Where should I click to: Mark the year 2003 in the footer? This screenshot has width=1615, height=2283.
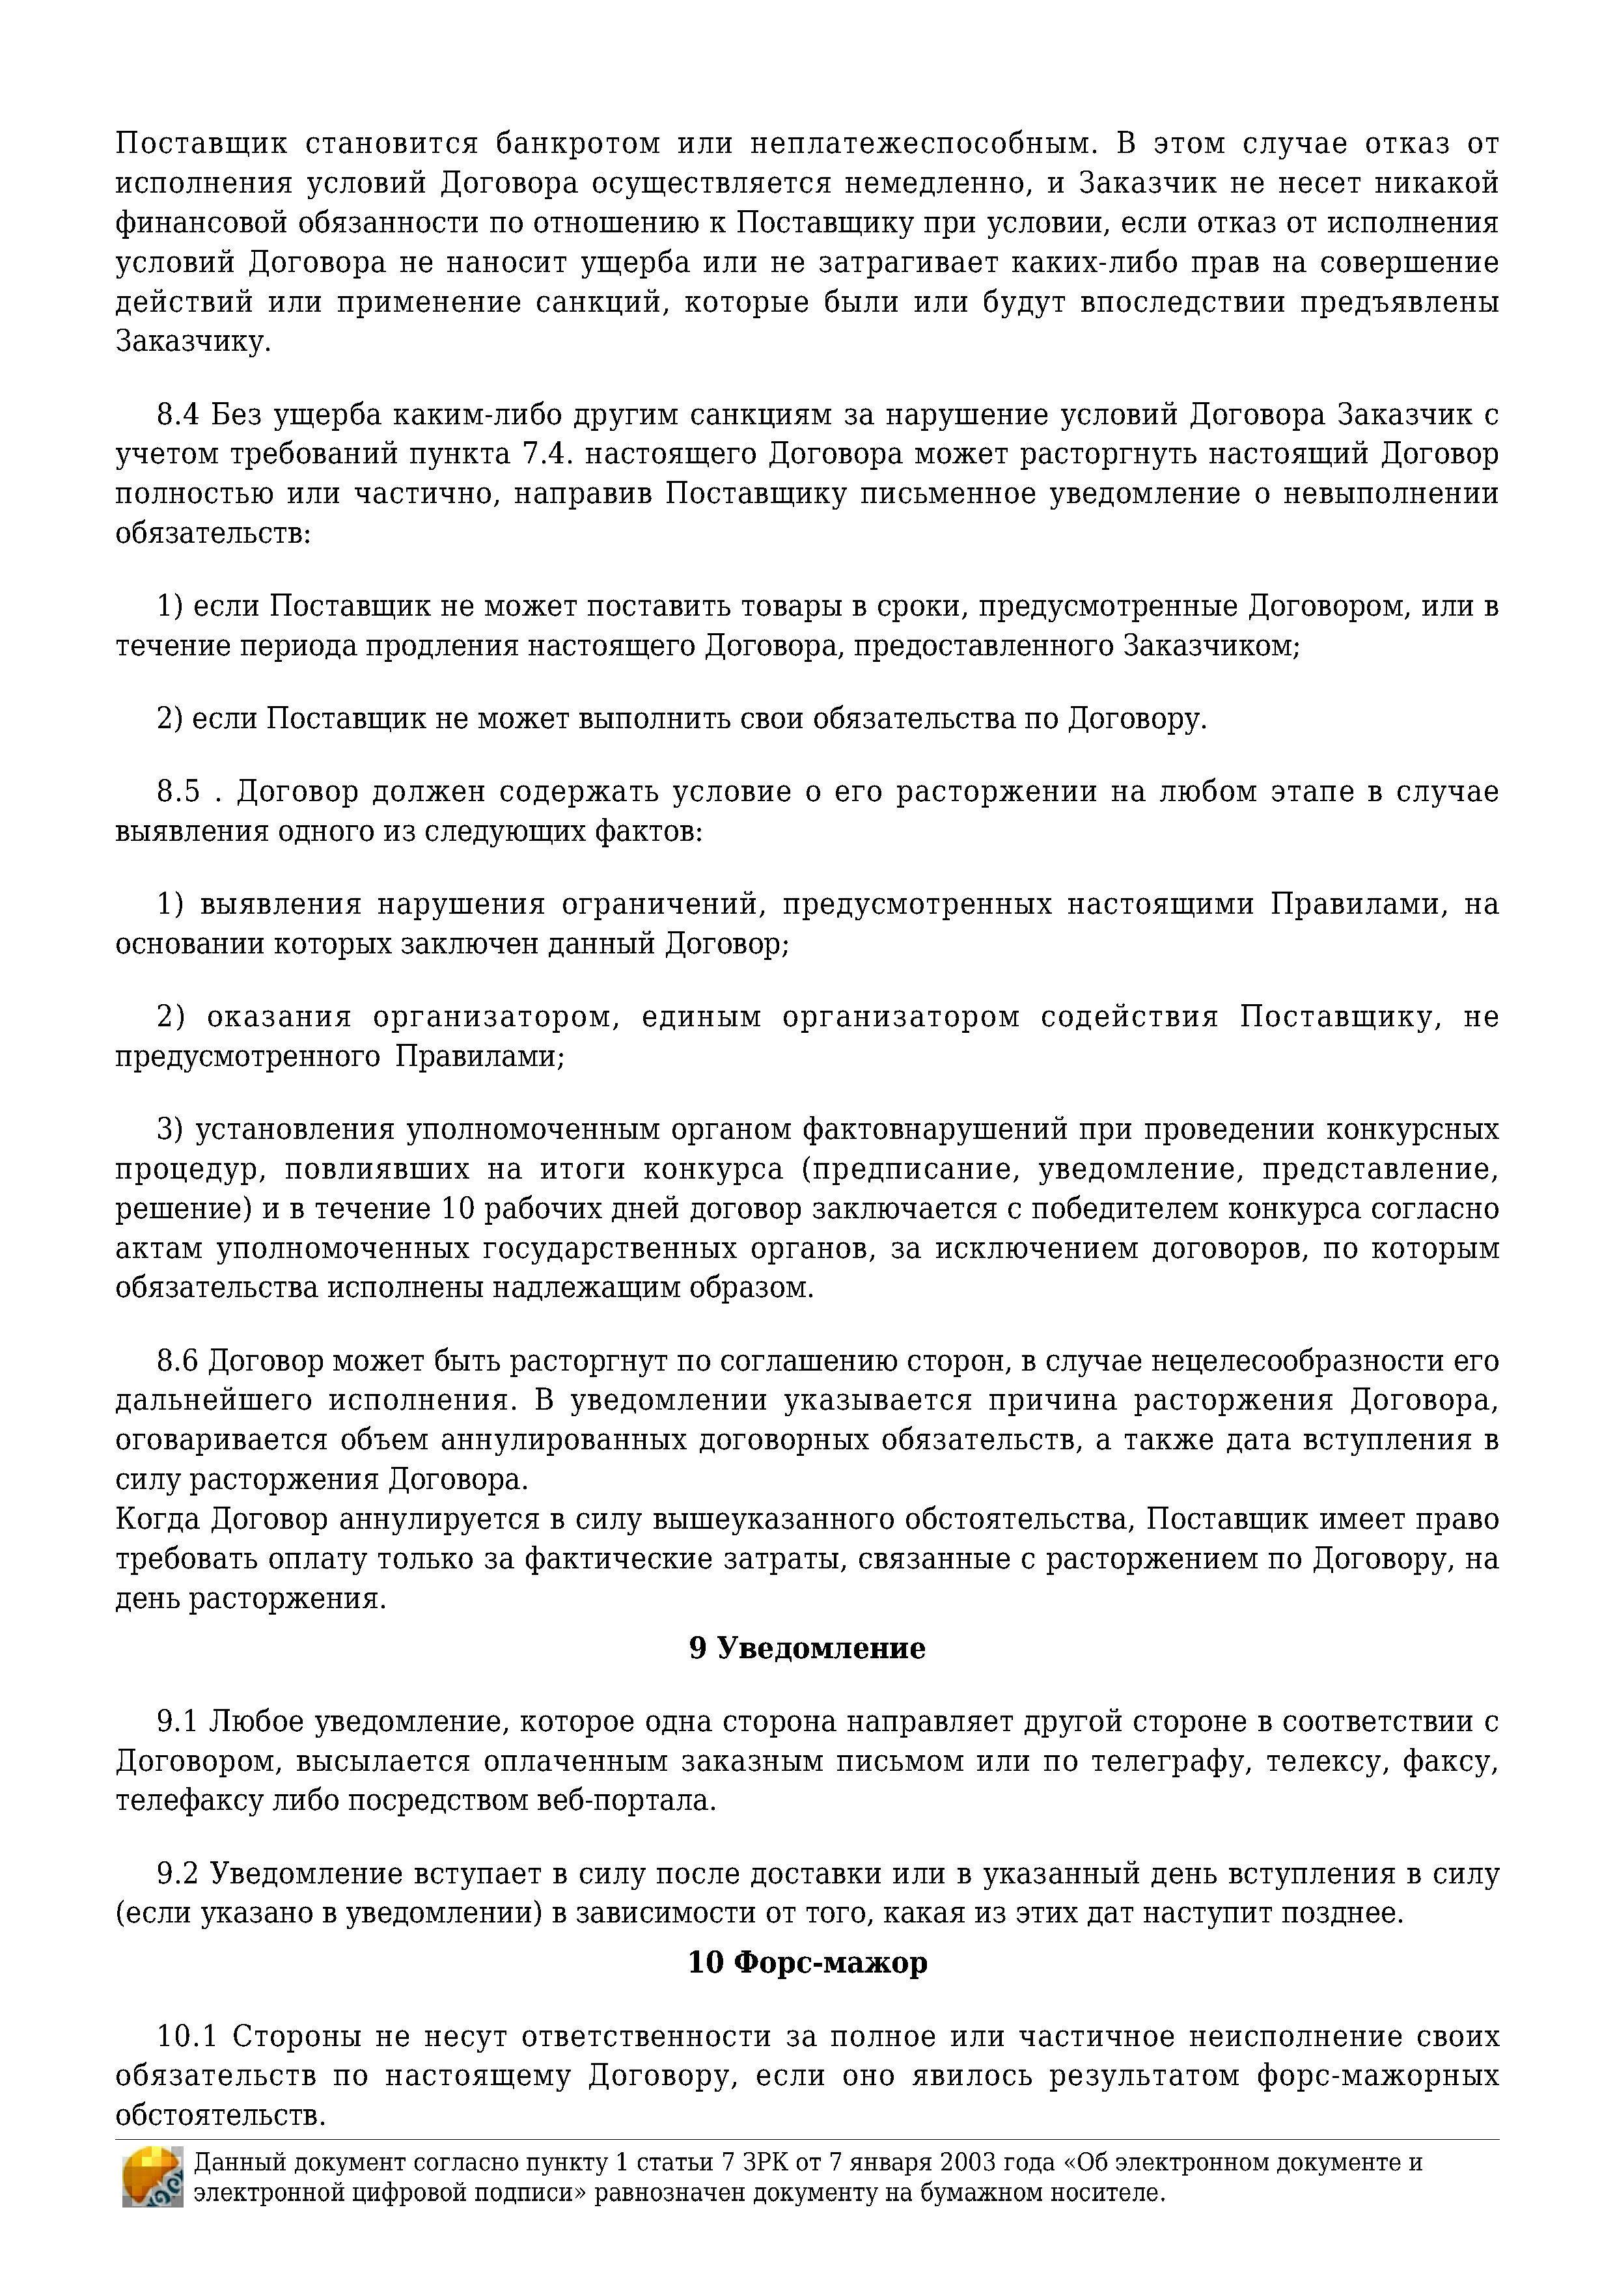[971, 2163]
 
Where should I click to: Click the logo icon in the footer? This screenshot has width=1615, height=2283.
[152, 2178]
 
